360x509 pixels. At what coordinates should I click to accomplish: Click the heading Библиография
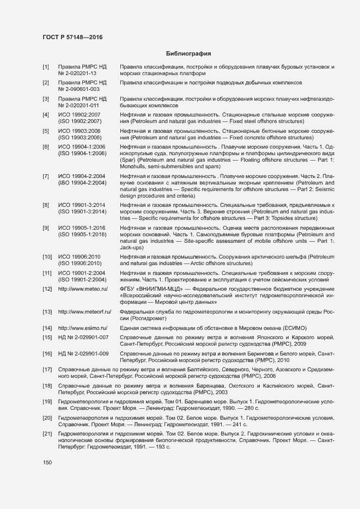click(187, 54)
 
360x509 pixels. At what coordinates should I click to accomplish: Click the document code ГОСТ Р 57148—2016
click(72, 37)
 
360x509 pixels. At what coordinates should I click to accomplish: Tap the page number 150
click(47, 463)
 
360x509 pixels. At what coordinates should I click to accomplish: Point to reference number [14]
click(47, 328)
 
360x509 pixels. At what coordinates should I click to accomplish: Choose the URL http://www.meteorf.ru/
click(84, 311)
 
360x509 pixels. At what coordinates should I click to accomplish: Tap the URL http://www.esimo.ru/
click(83, 328)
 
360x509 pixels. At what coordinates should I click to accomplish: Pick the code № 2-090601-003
click(78, 89)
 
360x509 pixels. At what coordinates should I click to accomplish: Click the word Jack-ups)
click(132, 247)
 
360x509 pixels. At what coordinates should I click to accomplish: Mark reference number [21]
click(47, 433)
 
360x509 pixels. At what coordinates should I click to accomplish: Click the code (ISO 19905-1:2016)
click(82, 234)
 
